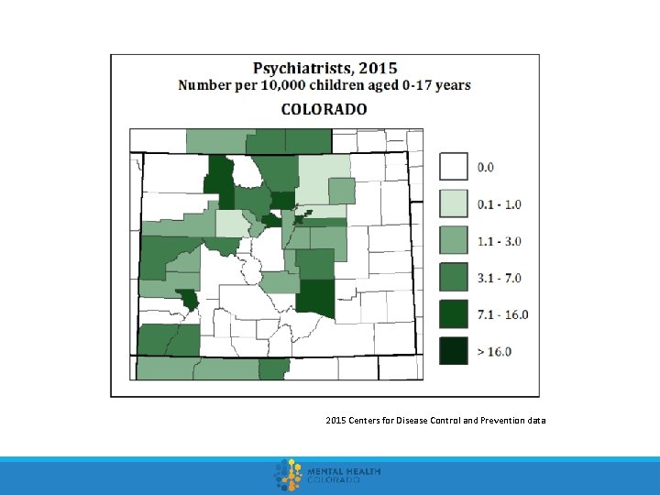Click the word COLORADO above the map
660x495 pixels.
click(324, 109)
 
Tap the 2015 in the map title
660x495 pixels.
click(378, 68)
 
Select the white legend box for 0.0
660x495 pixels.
click(454, 167)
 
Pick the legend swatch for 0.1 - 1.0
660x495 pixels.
click(454, 203)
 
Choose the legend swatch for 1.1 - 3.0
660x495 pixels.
click(454, 240)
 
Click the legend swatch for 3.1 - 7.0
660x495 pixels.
click(454, 277)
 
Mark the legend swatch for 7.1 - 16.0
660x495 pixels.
click(454, 313)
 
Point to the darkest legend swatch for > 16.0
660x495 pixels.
click(454, 350)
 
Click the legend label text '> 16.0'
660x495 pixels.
click(495, 351)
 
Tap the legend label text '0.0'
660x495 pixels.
click(486, 168)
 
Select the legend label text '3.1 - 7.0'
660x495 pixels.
click(500, 278)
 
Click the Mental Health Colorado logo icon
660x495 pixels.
click(289, 475)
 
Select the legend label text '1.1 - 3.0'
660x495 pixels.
click(500, 241)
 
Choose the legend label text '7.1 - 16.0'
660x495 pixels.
click(503, 314)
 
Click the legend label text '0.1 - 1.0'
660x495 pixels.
click(500, 204)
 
